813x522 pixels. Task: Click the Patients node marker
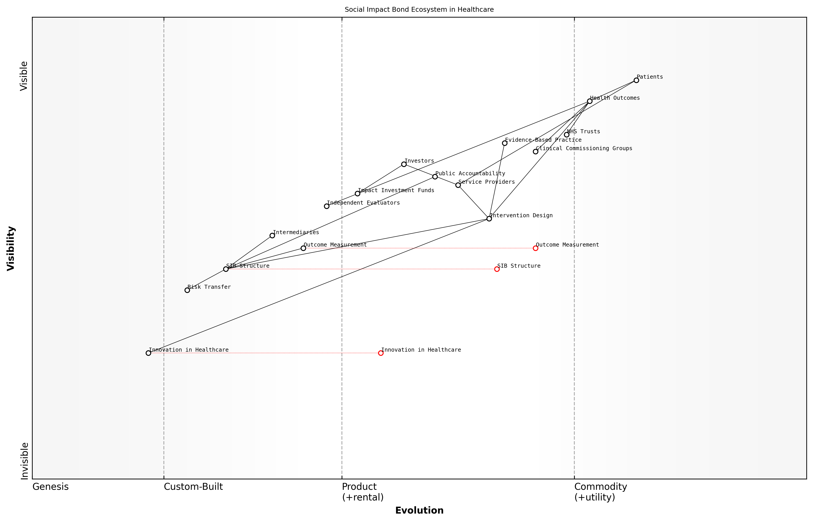click(x=636, y=80)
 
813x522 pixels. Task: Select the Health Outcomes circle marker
click(x=589, y=101)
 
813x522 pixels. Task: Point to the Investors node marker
click(x=404, y=164)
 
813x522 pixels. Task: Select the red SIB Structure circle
click(x=497, y=269)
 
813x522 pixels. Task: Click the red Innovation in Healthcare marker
click(x=381, y=353)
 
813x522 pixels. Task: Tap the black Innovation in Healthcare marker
click(x=148, y=353)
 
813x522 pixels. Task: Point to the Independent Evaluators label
click(x=363, y=203)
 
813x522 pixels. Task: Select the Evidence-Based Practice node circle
click(x=504, y=143)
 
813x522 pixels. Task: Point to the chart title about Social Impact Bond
click(x=419, y=10)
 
